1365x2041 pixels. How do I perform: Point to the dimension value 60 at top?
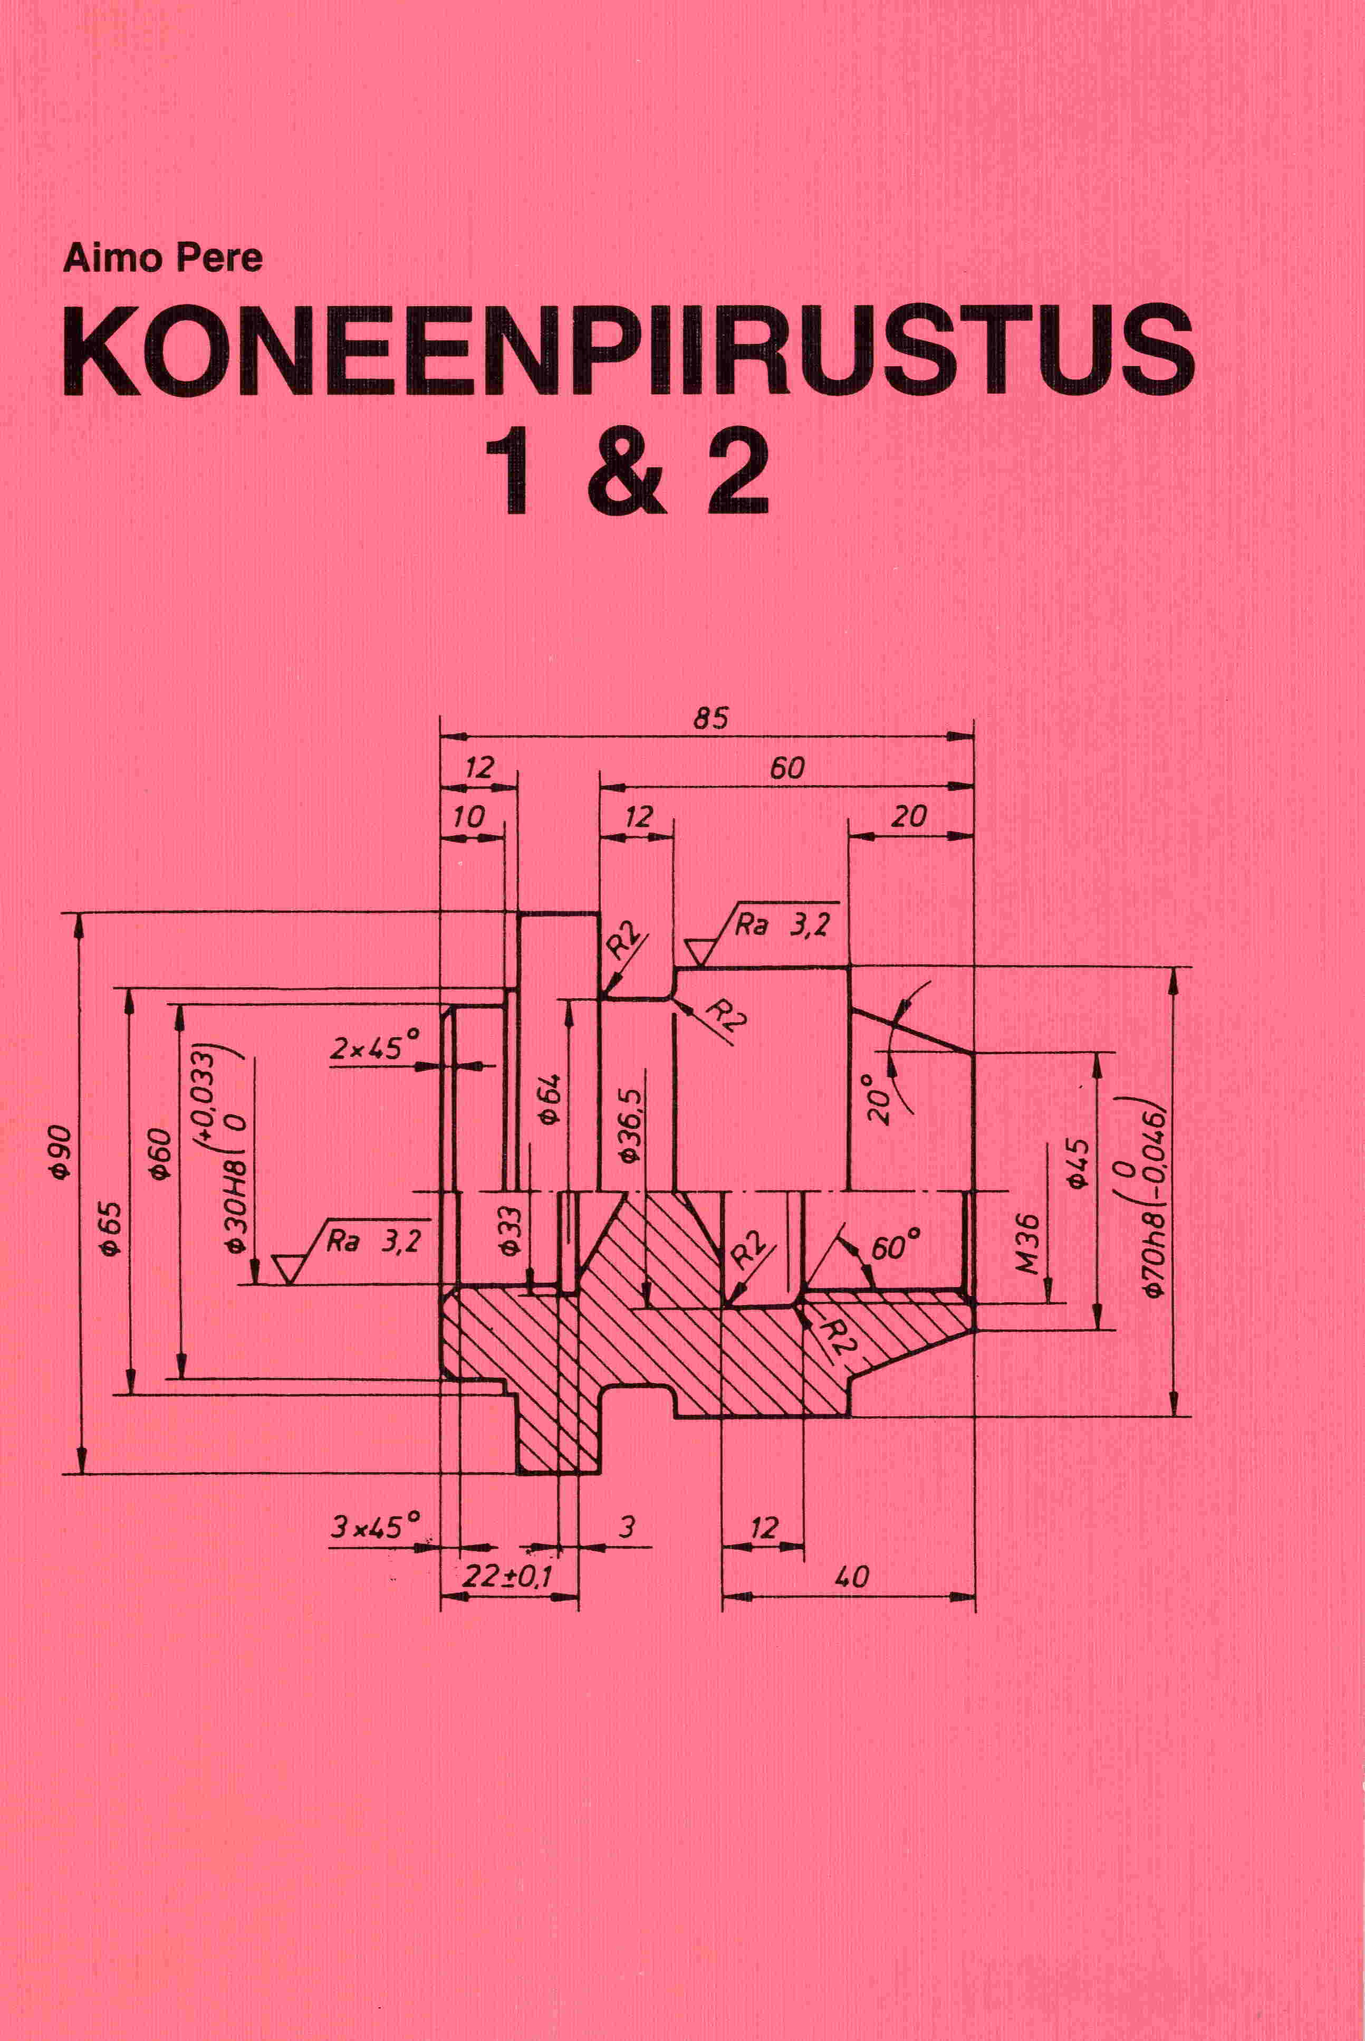coord(787,768)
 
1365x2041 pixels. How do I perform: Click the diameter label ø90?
coord(61,1152)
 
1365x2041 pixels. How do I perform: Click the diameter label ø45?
coord(1078,1164)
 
